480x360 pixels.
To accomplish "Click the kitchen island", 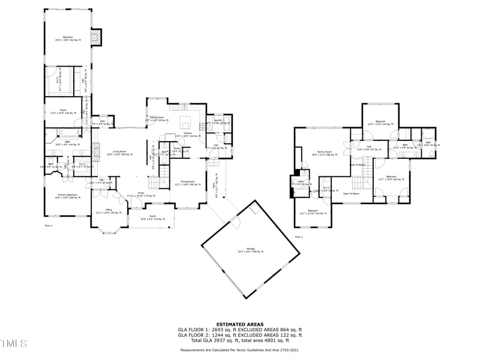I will click(x=188, y=126).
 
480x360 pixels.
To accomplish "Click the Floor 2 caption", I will click(x=298, y=238).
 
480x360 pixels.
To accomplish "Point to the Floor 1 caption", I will click(x=49, y=226).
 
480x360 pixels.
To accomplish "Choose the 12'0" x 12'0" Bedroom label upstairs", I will click(x=380, y=122).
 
